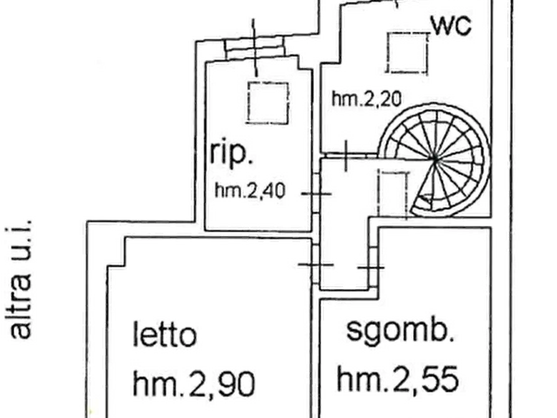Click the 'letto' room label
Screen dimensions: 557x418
coord(165,334)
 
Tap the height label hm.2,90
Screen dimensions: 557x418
coord(194,384)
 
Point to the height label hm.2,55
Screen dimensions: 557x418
coord(397,379)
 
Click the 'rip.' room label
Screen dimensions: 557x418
coord(231,153)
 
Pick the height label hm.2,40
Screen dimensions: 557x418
coord(250,191)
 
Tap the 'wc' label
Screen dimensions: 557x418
coord(451,26)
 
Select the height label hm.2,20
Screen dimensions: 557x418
coord(367,99)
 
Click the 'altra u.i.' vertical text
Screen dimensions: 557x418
coord(19,279)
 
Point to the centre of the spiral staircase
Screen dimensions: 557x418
coord(435,160)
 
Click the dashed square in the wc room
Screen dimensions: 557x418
coord(408,53)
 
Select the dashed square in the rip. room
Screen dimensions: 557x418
coord(268,103)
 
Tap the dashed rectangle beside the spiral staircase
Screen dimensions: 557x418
coord(393,194)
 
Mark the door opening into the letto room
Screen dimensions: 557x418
coord(316,265)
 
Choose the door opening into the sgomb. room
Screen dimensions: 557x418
coord(372,267)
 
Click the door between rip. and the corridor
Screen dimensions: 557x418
coord(316,194)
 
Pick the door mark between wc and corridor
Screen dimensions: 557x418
coord(346,155)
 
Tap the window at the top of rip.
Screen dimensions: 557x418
coord(254,47)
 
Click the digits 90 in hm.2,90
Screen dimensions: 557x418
coord(236,384)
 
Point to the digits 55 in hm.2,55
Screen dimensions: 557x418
coord(440,379)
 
